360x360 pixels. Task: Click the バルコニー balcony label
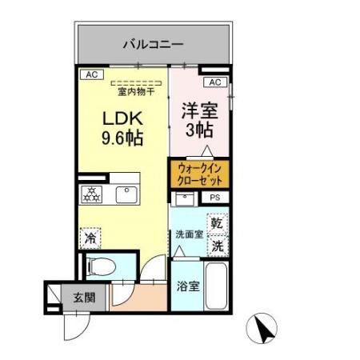pos(154,45)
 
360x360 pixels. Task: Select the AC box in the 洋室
pos(214,82)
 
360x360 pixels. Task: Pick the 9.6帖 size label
pos(122,138)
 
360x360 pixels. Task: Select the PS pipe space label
pos(214,198)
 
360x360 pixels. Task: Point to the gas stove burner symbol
pos(91,194)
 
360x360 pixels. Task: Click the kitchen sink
pos(127,194)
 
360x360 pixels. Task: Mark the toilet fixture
pos(99,266)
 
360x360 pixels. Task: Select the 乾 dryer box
pos(217,222)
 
